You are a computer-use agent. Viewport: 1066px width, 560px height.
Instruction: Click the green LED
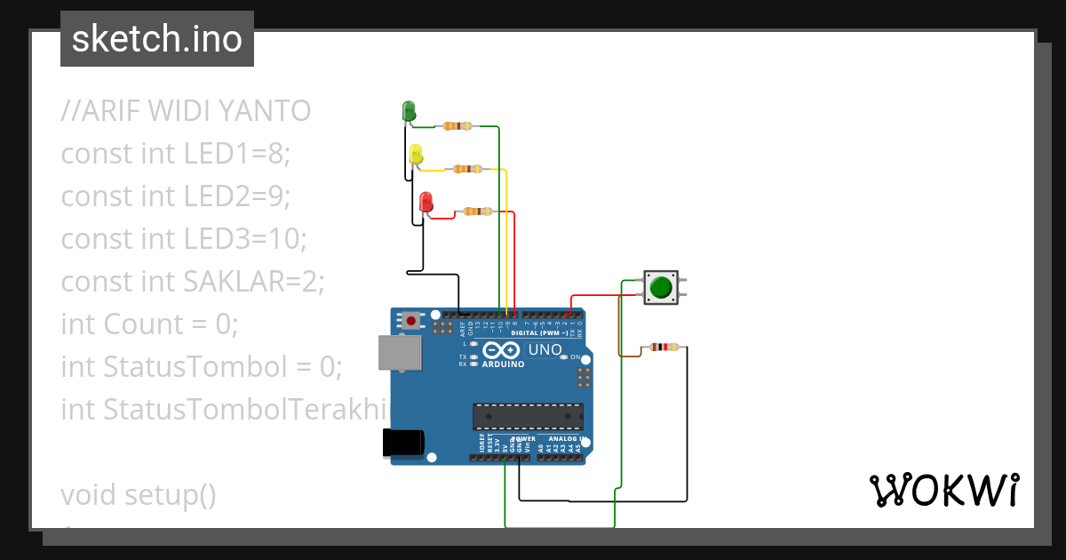[409, 111]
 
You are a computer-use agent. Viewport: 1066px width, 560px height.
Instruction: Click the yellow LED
[416, 155]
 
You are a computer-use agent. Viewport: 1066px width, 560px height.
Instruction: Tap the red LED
[426, 202]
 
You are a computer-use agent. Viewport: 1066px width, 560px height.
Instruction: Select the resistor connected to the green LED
[456, 126]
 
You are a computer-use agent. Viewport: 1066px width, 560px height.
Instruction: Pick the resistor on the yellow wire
[467, 169]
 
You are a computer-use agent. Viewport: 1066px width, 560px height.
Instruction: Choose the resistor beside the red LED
[478, 212]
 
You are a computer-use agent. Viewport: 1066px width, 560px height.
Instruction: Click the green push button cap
[660, 288]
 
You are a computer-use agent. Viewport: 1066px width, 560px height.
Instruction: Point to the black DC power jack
[402, 443]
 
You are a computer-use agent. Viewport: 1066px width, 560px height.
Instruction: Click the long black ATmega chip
[528, 416]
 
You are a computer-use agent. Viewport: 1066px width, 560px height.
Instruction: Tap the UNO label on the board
[545, 350]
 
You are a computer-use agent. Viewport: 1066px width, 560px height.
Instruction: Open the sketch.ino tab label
[157, 39]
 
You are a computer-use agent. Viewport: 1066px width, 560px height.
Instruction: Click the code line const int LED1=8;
[176, 154]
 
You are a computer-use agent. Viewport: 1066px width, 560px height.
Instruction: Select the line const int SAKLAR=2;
[193, 282]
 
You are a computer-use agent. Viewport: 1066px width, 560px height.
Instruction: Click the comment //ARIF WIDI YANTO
[186, 111]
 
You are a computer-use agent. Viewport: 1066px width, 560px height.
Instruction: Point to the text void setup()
[139, 494]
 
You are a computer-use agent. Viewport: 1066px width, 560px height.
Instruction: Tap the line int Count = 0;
[149, 324]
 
